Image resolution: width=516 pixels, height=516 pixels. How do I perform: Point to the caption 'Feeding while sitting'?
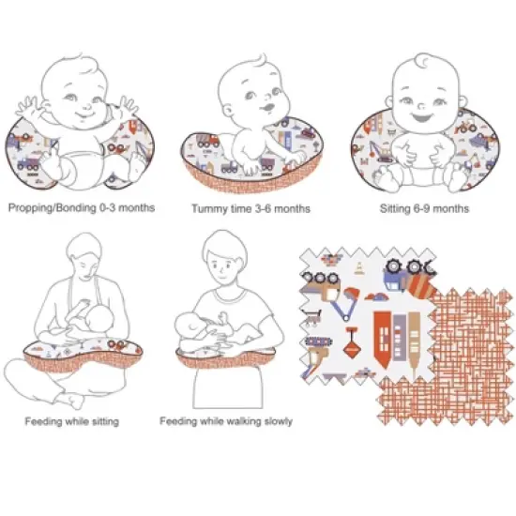(x=72, y=421)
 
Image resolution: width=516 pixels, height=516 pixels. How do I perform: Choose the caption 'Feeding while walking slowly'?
(x=226, y=421)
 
